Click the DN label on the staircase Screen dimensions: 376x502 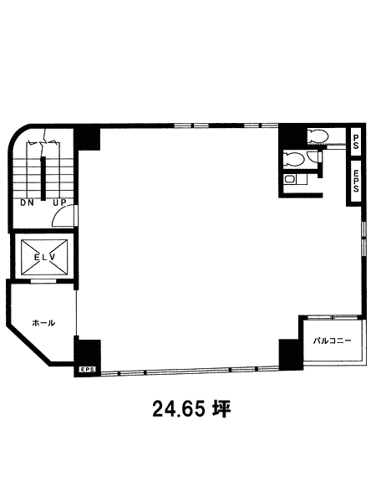28,202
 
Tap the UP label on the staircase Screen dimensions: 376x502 59,202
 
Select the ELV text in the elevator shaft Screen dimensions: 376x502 45,257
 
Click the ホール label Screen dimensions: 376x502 43,323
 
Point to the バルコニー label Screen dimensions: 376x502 332,341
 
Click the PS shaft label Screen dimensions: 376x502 356,141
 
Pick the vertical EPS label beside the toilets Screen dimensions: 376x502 356,181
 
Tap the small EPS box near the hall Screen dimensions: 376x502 87,370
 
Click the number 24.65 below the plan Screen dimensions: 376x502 178,409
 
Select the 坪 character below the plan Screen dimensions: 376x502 221,409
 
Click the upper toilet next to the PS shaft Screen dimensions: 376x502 318,136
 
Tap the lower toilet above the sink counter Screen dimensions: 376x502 294,159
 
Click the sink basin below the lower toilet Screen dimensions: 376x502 290,180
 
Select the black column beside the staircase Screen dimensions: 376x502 87,139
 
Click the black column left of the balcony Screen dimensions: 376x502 291,354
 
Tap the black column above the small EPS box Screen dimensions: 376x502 87,351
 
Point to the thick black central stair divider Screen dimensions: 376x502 43,178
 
